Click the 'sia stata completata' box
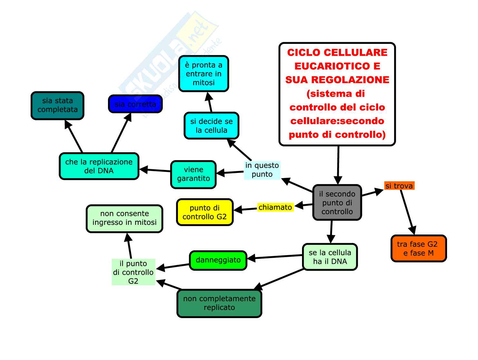(57, 105)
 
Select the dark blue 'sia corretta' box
(135, 104)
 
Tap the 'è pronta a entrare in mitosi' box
(204, 74)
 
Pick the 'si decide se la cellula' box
(211, 126)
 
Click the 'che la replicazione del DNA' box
(99, 166)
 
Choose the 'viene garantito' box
(193, 174)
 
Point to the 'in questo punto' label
(262, 170)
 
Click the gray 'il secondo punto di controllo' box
(337, 203)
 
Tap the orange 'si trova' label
(399, 186)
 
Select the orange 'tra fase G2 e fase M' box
(418, 248)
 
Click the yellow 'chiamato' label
(275, 207)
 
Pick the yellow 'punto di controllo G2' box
(205, 212)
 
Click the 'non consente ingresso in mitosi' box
(124, 218)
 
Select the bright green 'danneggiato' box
(218, 260)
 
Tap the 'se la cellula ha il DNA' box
(330, 257)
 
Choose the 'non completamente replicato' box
(219, 303)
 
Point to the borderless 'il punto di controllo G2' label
(133, 272)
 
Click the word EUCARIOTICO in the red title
(337, 66)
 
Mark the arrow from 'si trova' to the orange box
(407, 211)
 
